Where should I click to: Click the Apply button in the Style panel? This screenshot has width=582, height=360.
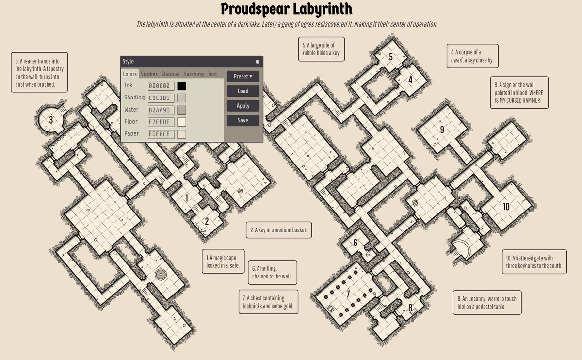coord(243,106)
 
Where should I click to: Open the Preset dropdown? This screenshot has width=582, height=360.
coord(243,77)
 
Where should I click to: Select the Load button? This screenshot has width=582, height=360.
coord(243,91)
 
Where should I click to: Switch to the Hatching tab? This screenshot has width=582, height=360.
coord(194,74)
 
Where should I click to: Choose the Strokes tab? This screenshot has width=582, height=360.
coord(149,74)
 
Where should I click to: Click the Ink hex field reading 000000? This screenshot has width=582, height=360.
coord(161,86)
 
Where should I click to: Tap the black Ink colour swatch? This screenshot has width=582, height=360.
coord(181,86)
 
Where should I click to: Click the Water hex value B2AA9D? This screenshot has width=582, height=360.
coord(161,110)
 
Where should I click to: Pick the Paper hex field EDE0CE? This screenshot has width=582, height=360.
coord(161,134)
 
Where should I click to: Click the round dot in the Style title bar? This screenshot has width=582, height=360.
coord(258,62)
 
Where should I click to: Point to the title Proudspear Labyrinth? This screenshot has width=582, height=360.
coord(287,9)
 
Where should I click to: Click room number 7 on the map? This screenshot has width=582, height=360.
coord(348,294)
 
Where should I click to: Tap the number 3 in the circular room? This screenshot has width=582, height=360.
coord(51,120)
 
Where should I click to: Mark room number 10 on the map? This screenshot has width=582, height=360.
coord(506,207)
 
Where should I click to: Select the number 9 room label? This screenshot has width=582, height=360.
coord(442,130)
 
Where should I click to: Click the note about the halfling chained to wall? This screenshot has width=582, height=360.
coord(273,272)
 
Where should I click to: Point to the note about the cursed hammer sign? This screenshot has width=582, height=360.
coord(519,93)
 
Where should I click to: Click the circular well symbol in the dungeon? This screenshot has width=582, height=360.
coord(161,275)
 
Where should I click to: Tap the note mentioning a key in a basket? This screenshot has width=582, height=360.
coord(279,230)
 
